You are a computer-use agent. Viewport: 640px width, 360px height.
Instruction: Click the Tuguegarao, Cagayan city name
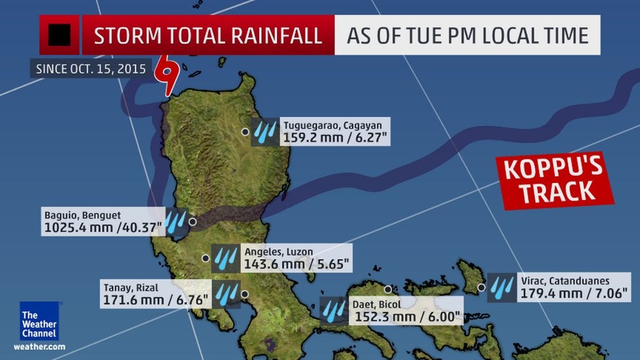pyautogui.click(x=327, y=125)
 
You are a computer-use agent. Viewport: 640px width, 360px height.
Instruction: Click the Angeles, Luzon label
pyautogui.click(x=278, y=252)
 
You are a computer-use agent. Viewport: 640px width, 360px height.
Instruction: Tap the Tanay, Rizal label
pyautogui.click(x=131, y=287)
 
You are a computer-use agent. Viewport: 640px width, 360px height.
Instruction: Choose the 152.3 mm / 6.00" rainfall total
pyautogui.click(x=408, y=317)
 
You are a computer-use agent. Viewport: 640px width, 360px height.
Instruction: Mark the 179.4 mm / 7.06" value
pyautogui.click(x=574, y=293)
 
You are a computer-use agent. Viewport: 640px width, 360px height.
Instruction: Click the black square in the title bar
pyautogui.click(x=59, y=35)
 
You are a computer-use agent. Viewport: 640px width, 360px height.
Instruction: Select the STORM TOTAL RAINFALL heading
pyautogui.click(x=208, y=35)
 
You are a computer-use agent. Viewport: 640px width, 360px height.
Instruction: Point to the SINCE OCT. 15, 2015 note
pyautogui.click(x=91, y=68)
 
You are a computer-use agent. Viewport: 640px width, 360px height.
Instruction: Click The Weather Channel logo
pyautogui.click(x=39, y=321)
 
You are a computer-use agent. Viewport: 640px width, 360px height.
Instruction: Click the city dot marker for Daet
pyautogui.click(x=387, y=289)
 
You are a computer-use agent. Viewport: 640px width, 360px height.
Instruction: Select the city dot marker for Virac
pyautogui.click(x=481, y=287)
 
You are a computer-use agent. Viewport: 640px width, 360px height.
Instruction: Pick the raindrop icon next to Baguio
pyautogui.click(x=174, y=221)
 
